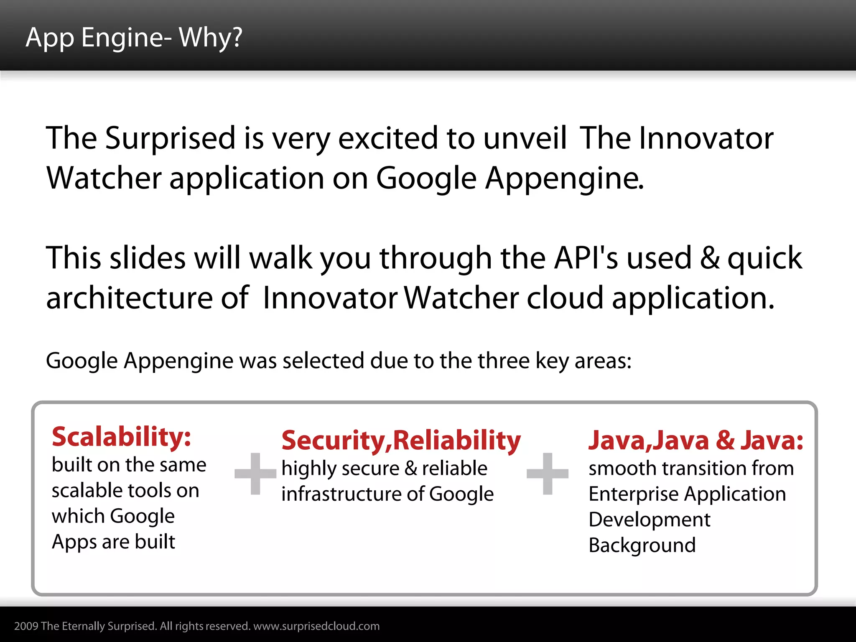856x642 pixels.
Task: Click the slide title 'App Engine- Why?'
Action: tap(134, 38)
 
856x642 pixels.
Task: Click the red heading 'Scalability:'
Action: tap(121, 437)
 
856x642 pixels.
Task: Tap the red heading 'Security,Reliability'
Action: tap(401, 441)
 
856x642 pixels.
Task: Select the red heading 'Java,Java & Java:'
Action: tap(695, 441)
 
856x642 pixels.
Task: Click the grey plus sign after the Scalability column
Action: tap(255, 474)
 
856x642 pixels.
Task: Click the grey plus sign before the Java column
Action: tap(548, 474)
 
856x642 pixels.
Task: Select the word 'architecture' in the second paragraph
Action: tap(130, 298)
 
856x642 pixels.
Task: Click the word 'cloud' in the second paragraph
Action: tap(565, 298)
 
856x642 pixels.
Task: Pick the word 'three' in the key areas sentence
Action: tap(503, 360)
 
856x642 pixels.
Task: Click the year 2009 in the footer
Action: tap(26, 626)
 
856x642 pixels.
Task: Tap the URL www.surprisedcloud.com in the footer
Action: tap(316, 626)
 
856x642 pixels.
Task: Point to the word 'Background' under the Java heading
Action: tap(642, 545)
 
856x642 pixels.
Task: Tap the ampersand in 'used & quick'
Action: tap(710, 258)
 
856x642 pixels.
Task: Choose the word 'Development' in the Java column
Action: tap(649, 520)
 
